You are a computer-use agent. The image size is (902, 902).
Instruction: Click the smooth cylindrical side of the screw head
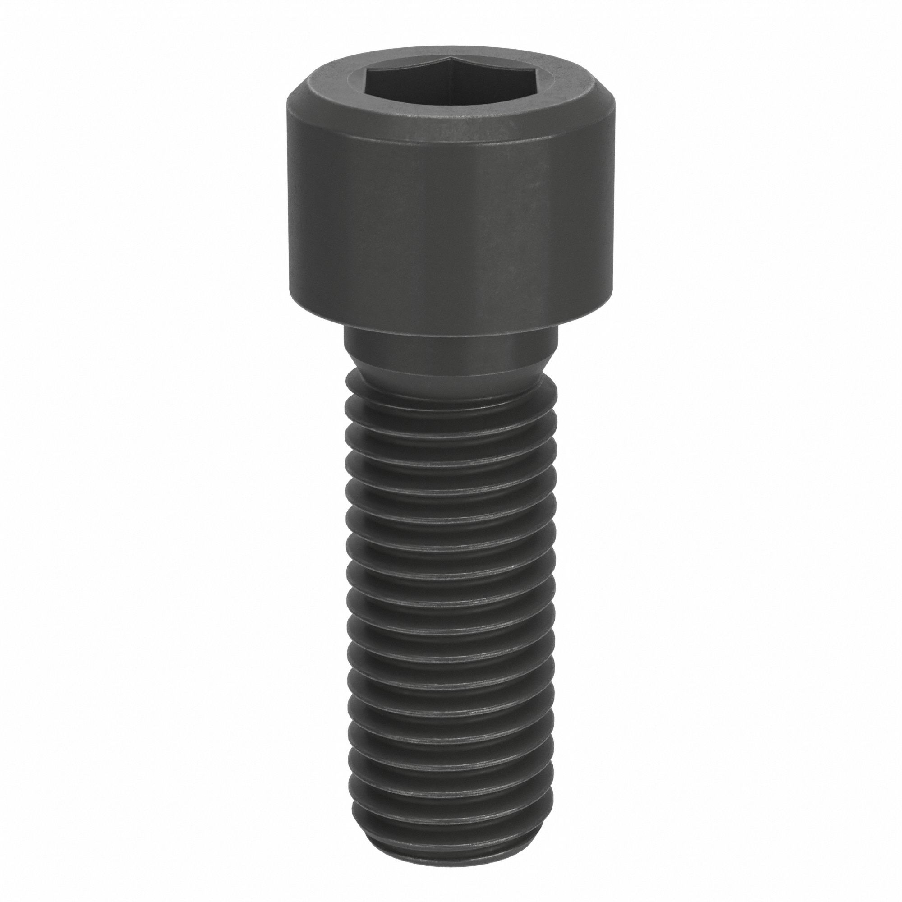tap(450, 224)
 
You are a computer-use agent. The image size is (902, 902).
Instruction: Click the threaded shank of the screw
tap(450, 630)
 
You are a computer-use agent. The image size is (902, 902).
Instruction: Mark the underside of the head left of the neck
tap(318, 319)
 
